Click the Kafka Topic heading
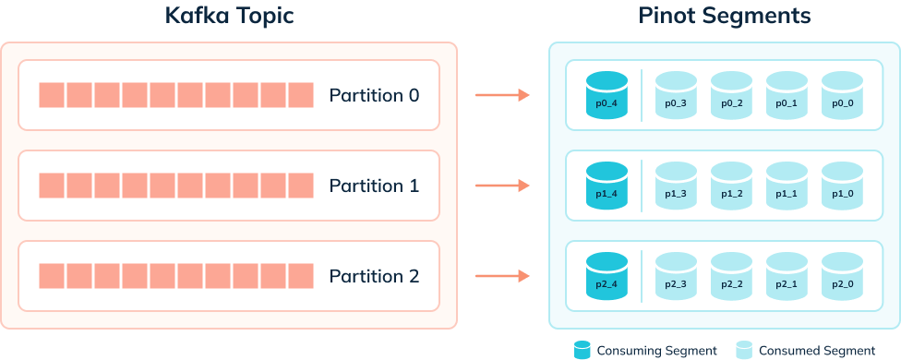(229, 16)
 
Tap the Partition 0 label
(374, 95)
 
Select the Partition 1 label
(374, 186)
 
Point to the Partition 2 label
(374, 276)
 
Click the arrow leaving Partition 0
(501, 95)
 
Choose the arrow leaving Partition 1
(501, 186)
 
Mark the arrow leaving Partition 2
(501, 276)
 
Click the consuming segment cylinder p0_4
(607, 95)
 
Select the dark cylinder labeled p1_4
(607, 186)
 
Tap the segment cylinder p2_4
(607, 276)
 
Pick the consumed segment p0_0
(842, 95)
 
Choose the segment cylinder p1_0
(842, 186)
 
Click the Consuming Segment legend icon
(583, 350)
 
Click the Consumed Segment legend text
(816, 351)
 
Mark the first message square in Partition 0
(52, 95)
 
